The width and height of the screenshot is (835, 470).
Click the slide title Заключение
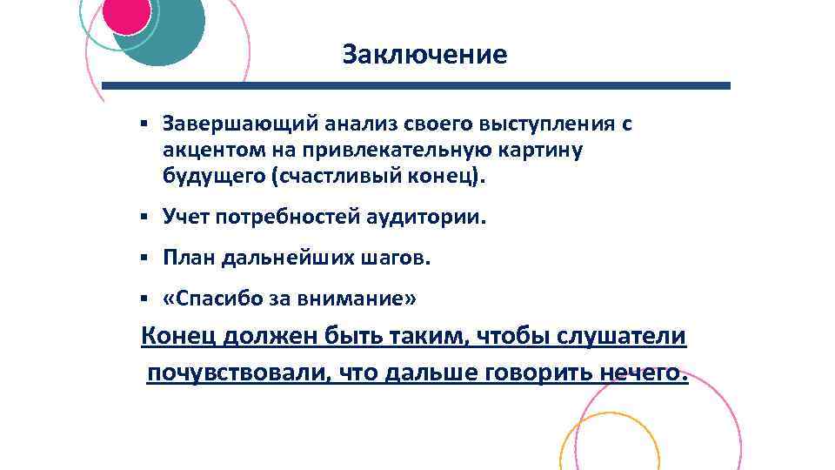[424, 55]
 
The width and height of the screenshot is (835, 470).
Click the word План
[187, 258]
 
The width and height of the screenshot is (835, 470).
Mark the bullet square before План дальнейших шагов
[144, 258]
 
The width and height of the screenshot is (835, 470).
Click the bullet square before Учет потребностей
[144, 217]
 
